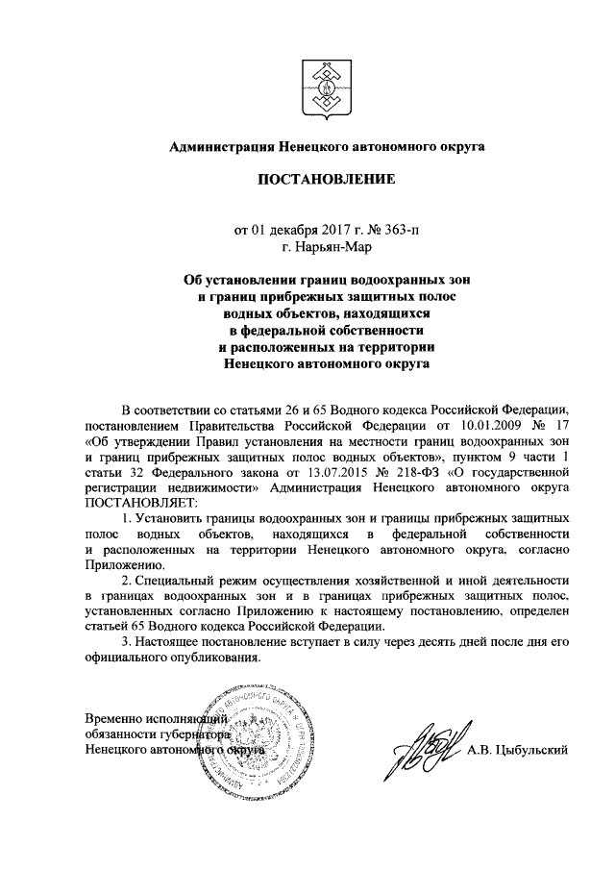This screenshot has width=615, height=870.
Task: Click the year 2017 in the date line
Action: pyautogui.click(x=336, y=230)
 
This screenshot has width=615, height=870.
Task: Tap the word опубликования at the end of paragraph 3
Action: pyautogui.click(x=212, y=658)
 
